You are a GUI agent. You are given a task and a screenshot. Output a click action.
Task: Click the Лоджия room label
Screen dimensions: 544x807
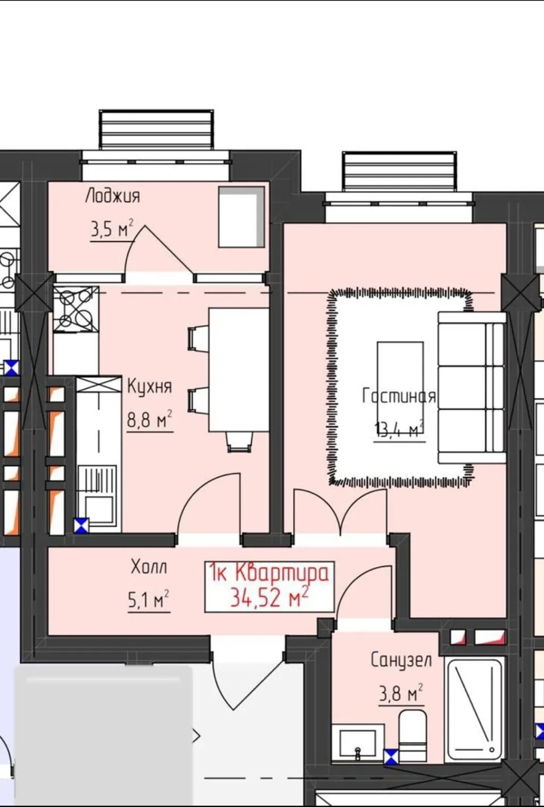point(112,197)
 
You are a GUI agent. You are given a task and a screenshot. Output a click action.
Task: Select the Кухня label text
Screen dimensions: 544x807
point(150,387)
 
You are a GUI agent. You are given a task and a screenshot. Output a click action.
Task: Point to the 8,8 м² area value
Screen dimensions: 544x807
point(149,419)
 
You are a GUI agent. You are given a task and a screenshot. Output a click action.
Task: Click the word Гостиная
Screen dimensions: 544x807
point(399,396)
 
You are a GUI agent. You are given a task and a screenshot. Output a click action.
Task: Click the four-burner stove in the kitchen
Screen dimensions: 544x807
point(76,309)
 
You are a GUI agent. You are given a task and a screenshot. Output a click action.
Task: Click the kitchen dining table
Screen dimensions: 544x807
point(239,370)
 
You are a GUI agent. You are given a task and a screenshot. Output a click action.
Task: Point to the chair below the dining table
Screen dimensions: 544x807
point(239,442)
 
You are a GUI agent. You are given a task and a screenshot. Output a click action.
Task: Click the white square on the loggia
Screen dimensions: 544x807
point(241,216)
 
